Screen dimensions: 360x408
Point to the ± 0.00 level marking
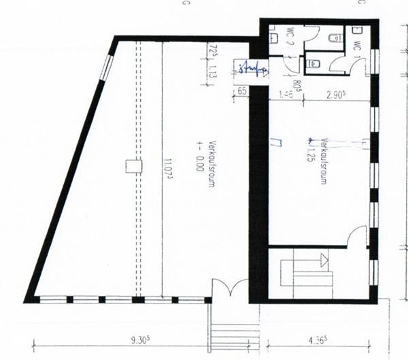coord(200,158)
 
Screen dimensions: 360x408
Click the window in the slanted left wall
coord(107,68)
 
